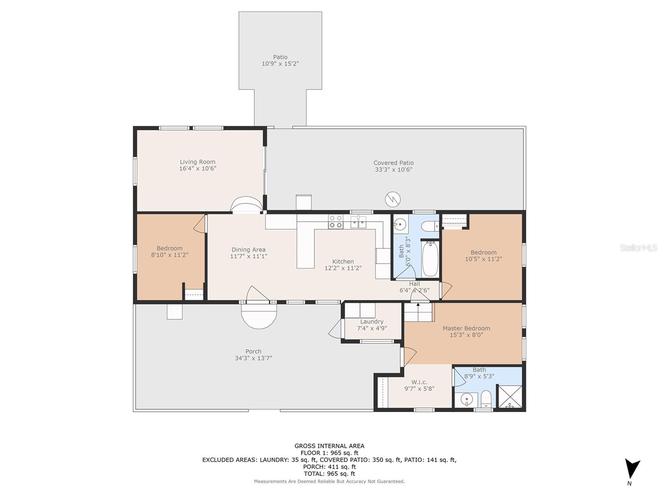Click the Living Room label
coord(197,162)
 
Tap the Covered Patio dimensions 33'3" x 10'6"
coord(393,170)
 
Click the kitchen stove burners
coord(335,222)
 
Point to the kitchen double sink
coord(358,222)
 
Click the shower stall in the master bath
coord(510,396)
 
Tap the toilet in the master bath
coord(486,399)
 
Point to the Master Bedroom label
coord(466,328)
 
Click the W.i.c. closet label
coord(419,382)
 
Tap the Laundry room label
coord(372,322)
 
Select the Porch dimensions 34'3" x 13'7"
coord(253,358)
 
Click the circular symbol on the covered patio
coord(393,199)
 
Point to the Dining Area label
coord(248,250)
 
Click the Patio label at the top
coord(280,57)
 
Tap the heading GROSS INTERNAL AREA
coord(329,446)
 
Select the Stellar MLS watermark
coord(638,247)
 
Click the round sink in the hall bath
coord(400,224)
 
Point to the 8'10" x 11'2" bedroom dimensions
coord(169,255)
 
